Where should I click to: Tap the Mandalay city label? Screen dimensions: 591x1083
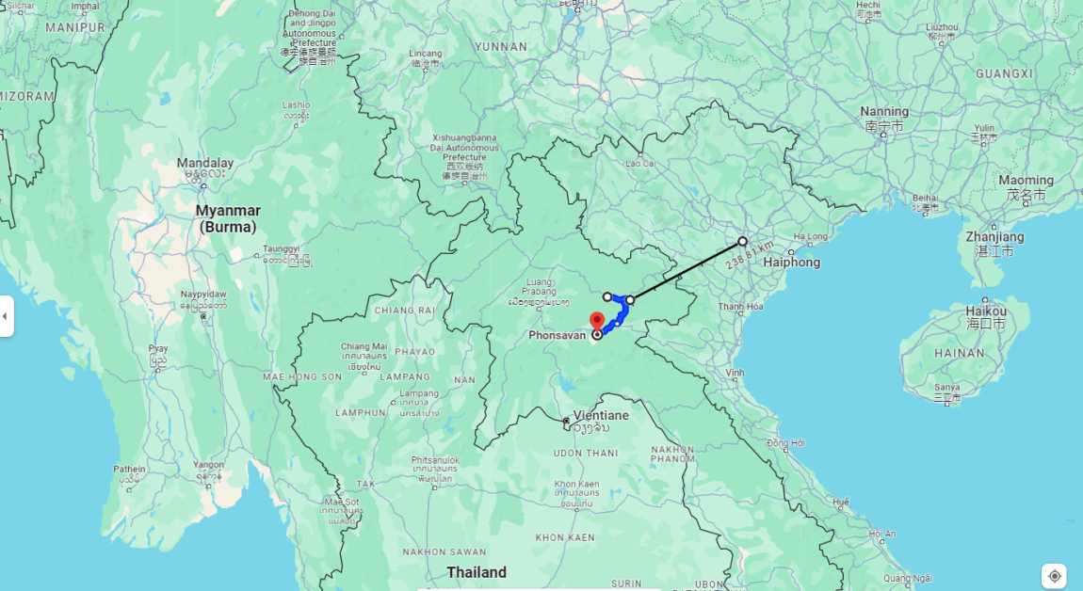205,164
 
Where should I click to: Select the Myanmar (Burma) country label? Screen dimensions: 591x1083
228,218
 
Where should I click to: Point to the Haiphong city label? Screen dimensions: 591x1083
792,263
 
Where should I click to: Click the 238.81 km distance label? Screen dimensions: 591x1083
750,254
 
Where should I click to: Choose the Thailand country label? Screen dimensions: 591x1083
477,572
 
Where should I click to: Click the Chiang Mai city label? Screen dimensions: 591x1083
364,346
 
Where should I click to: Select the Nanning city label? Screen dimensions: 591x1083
884,112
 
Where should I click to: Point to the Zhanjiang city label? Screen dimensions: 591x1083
994,237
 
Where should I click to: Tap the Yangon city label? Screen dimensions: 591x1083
208,464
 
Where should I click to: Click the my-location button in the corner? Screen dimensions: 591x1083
1055,576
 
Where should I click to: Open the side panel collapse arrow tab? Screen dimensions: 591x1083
6,316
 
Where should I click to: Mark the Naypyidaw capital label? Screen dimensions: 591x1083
203,295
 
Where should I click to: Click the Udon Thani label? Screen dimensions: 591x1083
585,453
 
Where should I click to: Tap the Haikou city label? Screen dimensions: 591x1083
986,311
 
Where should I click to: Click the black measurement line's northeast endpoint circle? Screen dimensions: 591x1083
742,241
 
